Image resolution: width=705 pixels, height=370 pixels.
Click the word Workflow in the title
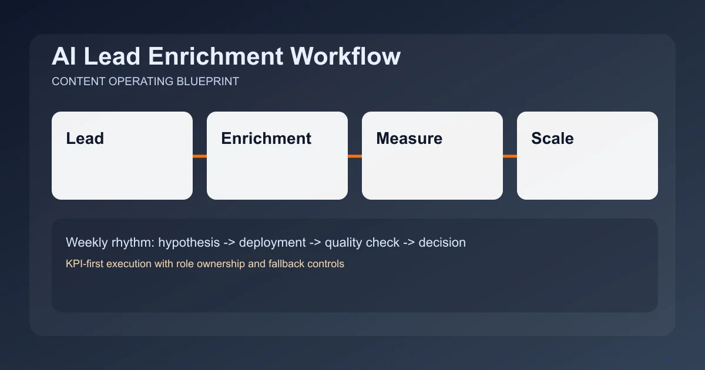[346, 56]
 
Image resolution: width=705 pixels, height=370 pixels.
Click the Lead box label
[85, 139]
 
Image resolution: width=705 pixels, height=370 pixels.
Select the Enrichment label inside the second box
[266, 139]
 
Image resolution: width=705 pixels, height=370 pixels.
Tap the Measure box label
[409, 139]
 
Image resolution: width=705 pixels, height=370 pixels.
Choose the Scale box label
[552, 139]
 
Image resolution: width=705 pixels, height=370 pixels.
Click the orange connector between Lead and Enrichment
[200, 156]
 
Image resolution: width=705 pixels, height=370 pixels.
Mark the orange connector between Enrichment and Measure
[355, 156]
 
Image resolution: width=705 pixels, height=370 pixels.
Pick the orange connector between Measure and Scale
[510, 156]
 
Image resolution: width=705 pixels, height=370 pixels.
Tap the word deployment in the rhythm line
[272, 242]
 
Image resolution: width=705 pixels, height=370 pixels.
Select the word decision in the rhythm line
[442, 242]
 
